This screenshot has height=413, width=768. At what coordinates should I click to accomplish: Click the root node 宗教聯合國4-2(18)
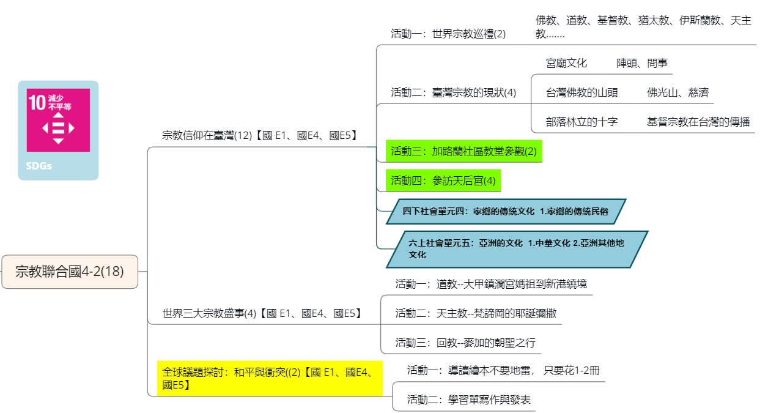[70, 271]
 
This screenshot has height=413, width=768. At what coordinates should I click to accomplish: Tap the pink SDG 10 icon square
[58, 120]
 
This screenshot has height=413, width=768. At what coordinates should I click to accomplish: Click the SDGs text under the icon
[39, 166]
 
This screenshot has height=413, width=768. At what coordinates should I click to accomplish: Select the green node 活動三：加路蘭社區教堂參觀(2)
[463, 151]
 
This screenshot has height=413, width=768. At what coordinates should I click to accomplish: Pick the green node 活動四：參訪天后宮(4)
[443, 180]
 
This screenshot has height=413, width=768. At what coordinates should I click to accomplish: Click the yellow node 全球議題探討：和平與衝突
[270, 378]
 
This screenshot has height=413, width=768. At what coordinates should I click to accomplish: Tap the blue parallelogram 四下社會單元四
[506, 211]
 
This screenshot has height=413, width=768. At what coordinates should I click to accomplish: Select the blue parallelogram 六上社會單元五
[517, 249]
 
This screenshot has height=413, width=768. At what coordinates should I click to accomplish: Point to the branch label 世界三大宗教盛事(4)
[262, 313]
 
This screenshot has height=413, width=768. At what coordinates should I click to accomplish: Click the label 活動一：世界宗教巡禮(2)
[448, 34]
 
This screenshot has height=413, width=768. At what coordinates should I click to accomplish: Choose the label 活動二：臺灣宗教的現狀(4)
[453, 92]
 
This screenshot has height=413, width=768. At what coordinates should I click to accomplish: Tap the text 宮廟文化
[566, 63]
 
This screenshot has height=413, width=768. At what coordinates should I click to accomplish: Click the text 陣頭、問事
[642, 63]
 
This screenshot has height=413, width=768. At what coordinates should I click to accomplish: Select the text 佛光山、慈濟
[678, 92]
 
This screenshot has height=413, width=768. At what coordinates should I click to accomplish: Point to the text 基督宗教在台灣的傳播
[698, 122]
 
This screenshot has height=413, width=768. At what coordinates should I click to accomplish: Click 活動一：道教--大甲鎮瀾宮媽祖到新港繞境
[491, 284]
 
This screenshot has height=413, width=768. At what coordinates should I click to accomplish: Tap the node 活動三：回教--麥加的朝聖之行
[465, 343]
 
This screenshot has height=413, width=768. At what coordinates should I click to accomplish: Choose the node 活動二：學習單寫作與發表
[468, 400]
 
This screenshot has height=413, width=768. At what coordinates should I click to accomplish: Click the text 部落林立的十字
[582, 122]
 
